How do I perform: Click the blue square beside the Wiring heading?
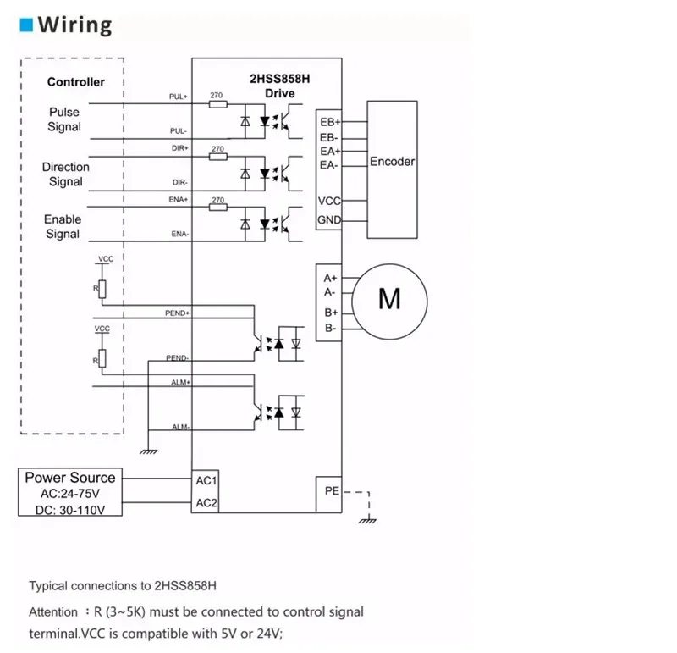pyautogui.click(x=26, y=25)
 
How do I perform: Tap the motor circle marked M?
pyautogui.click(x=389, y=298)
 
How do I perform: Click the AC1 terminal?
pyautogui.click(x=208, y=480)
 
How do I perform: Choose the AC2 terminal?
pyautogui.click(x=208, y=503)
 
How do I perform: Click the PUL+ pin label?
pyautogui.click(x=179, y=97)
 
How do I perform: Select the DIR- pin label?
pyautogui.click(x=179, y=182)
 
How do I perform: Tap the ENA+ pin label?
pyautogui.click(x=179, y=199)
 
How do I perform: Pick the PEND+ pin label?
pyautogui.click(x=177, y=313)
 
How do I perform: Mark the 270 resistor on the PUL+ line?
pyautogui.click(x=217, y=104)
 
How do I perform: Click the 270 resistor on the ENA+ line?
pyautogui.click(x=217, y=208)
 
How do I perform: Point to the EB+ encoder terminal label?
pyautogui.click(x=329, y=122)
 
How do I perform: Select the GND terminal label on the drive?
pyautogui.click(x=329, y=221)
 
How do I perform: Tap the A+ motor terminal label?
pyautogui.click(x=330, y=278)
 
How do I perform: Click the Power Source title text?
pyautogui.click(x=70, y=478)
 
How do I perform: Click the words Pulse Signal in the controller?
pyautogui.click(x=64, y=119)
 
